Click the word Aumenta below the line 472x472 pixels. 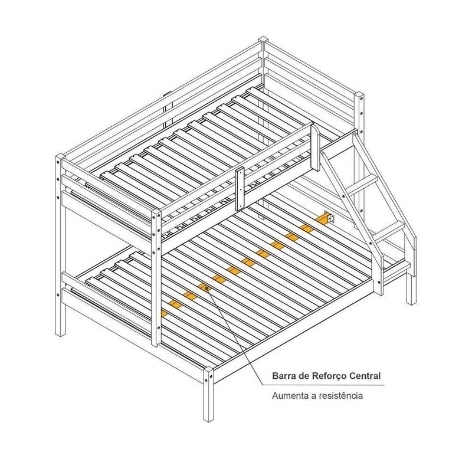click(x=290, y=395)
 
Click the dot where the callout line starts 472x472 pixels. click(x=207, y=289)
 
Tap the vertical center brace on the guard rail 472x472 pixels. click(x=240, y=189)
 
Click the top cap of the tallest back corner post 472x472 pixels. click(x=263, y=40)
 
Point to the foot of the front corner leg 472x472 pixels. click(x=208, y=418)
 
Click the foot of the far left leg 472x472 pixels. click(x=61, y=333)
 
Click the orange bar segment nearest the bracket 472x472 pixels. click(x=322, y=218)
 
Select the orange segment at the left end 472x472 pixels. click(x=165, y=313)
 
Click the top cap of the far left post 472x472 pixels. click(x=60, y=157)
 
